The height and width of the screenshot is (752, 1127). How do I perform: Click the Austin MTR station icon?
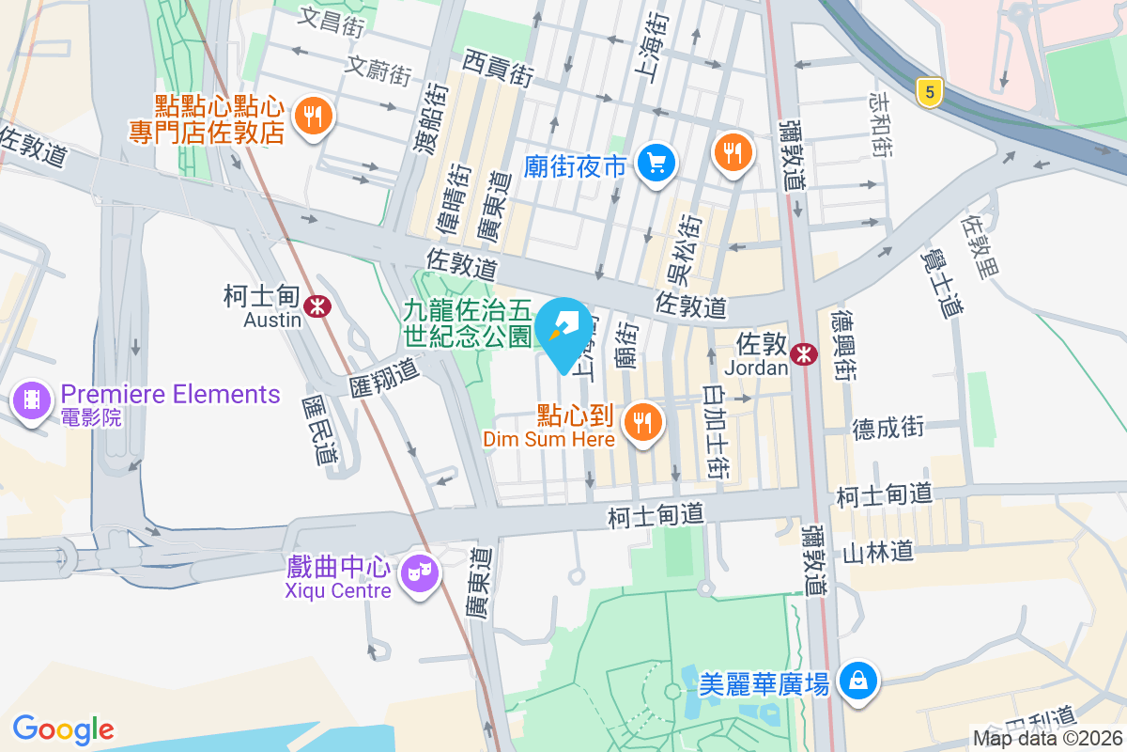pyautogui.click(x=319, y=305)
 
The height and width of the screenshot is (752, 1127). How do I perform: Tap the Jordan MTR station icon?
pyautogui.click(x=803, y=353)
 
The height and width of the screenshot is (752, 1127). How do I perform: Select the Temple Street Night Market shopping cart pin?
pyautogui.click(x=655, y=164)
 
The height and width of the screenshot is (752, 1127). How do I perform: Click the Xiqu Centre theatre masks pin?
pyautogui.click(x=419, y=572)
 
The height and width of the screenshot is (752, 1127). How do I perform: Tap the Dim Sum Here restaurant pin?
pyautogui.click(x=642, y=422)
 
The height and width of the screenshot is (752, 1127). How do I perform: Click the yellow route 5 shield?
pyautogui.click(x=929, y=91)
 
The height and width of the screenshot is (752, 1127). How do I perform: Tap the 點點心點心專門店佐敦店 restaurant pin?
pyautogui.click(x=310, y=117)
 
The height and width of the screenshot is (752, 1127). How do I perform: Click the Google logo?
pyautogui.click(x=63, y=728)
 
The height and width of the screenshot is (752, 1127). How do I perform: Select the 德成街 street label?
pyautogui.click(x=888, y=429)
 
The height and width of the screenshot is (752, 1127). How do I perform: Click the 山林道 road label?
pyautogui.click(x=878, y=552)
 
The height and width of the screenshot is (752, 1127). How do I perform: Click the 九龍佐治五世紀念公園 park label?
pyautogui.click(x=468, y=323)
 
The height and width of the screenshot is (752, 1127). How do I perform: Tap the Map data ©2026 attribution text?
pyautogui.click(x=1047, y=738)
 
